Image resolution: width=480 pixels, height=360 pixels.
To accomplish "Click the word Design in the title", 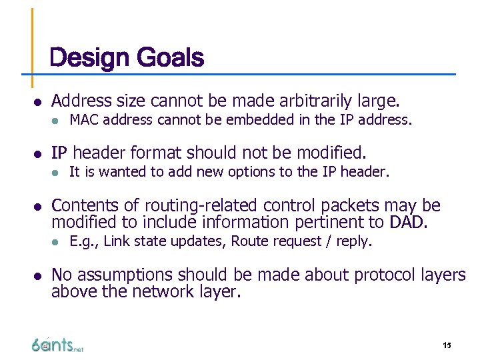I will [x=90, y=59].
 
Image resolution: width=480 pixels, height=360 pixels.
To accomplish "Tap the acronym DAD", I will [x=407, y=222].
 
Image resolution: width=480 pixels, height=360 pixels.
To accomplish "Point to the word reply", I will [x=352, y=241].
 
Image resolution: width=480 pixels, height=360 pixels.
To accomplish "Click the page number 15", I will [x=447, y=345].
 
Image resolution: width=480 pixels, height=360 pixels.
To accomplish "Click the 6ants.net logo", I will [x=57, y=345].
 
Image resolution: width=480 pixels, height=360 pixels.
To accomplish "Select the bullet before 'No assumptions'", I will [x=38, y=275].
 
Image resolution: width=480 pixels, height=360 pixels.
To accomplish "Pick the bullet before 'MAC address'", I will [x=57, y=121].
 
